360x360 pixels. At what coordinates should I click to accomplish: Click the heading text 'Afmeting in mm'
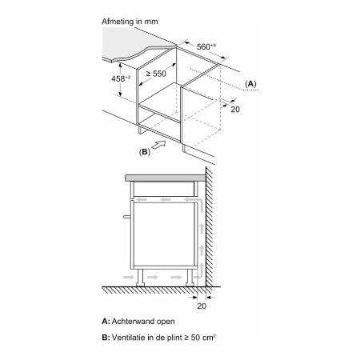point(130,22)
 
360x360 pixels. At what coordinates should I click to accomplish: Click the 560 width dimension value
point(206,46)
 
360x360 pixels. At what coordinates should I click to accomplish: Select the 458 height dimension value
point(121,78)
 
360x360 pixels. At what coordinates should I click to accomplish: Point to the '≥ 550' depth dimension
point(156,74)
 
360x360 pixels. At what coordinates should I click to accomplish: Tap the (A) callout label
point(250,84)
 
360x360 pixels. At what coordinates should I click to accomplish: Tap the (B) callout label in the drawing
point(145,152)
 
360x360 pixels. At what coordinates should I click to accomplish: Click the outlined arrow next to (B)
point(158,145)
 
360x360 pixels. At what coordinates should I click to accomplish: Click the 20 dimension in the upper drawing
point(235,109)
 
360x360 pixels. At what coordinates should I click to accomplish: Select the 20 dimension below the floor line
point(202,306)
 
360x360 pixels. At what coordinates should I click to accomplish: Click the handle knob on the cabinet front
point(127,217)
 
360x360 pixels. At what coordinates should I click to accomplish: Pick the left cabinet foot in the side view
point(140,278)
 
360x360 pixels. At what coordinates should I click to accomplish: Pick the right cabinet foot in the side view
point(190,278)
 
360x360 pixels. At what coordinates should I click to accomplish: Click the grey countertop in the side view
point(166,178)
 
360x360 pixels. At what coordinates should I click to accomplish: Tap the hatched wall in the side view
point(210,227)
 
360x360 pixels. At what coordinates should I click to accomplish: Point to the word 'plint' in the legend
point(174,338)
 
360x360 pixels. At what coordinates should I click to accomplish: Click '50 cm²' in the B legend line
point(203,338)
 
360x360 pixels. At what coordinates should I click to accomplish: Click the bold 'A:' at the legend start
point(106,322)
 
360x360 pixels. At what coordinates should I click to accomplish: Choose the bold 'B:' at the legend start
point(106,338)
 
